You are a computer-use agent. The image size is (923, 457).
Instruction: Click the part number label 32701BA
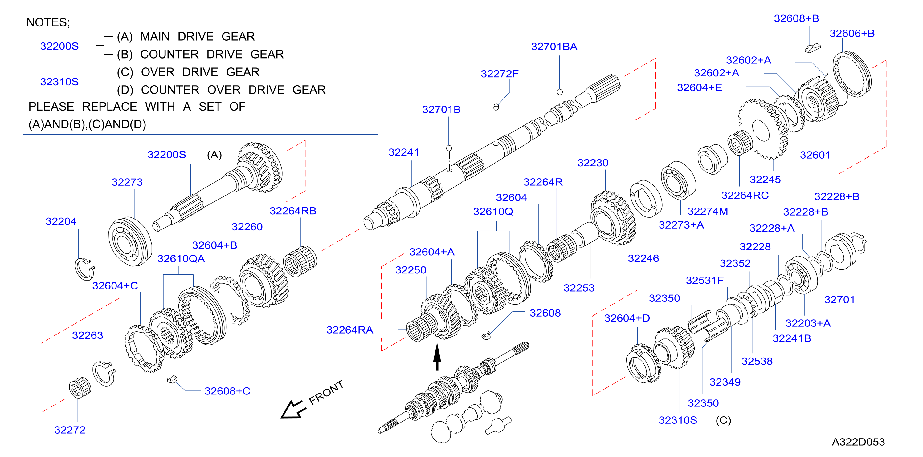(x=554, y=47)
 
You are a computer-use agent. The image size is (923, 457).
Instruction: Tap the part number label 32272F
(x=500, y=74)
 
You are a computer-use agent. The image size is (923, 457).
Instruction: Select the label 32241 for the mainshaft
(x=403, y=152)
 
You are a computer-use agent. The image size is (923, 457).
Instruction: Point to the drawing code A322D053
(x=858, y=442)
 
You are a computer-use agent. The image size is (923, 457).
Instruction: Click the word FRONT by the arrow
(x=326, y=393)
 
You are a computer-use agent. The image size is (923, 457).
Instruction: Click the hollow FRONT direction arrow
(x=293, y=409)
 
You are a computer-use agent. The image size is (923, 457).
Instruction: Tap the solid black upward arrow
(x=437, y=357)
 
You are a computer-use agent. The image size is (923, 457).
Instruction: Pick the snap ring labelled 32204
(x=84, y=269)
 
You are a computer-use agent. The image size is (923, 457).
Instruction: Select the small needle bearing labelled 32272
(x=80, y=387)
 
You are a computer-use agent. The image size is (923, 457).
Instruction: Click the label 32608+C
(x=227, y=391)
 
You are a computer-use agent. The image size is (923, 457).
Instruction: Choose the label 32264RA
(x=350, y=330)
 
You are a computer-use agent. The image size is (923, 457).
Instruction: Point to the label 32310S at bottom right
(x=678, y=420)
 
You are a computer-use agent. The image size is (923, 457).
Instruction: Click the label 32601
(x=815, y=155)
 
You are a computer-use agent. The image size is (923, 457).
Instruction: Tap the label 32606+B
(x=852, y=33)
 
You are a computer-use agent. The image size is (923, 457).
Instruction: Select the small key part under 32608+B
(x=812, y=48)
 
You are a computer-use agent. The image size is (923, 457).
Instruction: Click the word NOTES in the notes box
(x=47, y=22)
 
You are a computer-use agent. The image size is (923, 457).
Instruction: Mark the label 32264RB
(x=293, y=211)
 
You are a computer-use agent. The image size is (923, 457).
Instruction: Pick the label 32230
(x=593, y=163)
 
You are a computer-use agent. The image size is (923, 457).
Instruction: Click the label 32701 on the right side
(x=839, y=300)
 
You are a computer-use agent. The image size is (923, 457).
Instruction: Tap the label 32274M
(x=708, y=211)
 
